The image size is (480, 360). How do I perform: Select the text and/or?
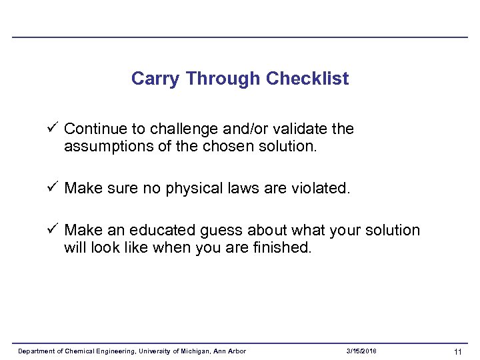259,129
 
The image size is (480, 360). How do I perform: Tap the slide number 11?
457,351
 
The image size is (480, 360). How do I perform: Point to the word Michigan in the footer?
195,351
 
